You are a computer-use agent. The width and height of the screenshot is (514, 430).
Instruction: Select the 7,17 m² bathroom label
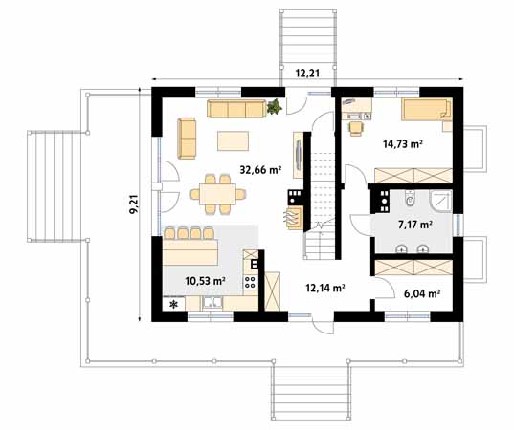pyautogui.click(x=414, y=225)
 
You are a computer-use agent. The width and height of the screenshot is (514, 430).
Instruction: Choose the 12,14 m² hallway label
pyautogui.click(x=324, y=286)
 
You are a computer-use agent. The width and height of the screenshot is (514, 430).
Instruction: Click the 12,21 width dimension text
pyautogui.click(x=306, y=72)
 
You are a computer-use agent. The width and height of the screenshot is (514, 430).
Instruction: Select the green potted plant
pyautogui.click(x=277, y=105)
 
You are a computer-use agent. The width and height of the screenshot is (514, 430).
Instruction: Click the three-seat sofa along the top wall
pyautogui.click(x=236, y=108)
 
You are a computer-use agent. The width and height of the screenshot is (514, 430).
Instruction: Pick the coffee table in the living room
pyautogui.click(x=235, y=140)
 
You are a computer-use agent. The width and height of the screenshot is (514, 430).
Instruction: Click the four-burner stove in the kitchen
pyautogui.click(x=251, y=283)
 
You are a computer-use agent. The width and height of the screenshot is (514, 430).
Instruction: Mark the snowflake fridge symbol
pyautogui.click(x=174, y=306)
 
